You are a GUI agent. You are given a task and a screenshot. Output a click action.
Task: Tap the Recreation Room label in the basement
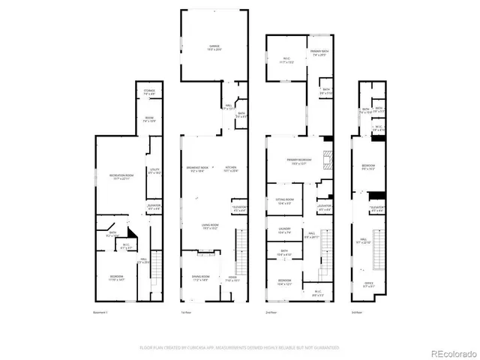[121, 178]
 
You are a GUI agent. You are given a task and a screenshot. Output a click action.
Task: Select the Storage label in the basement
[149, 92]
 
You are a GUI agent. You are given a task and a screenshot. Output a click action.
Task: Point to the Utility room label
[155, 171]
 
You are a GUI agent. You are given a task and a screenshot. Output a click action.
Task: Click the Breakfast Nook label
[198, 169]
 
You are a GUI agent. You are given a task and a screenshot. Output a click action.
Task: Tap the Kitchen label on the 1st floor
[231, 169]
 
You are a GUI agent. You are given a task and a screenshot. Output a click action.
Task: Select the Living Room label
[209, 226]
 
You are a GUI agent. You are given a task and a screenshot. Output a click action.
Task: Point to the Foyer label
[232, 280]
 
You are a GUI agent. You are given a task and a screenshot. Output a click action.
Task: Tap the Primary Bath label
[320, 53]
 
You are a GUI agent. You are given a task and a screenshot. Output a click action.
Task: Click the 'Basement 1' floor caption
[100, 311]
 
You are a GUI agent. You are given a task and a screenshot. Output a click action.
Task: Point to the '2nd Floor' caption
[271, 311]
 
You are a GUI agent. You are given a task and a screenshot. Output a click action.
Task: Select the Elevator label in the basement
[154, 207]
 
